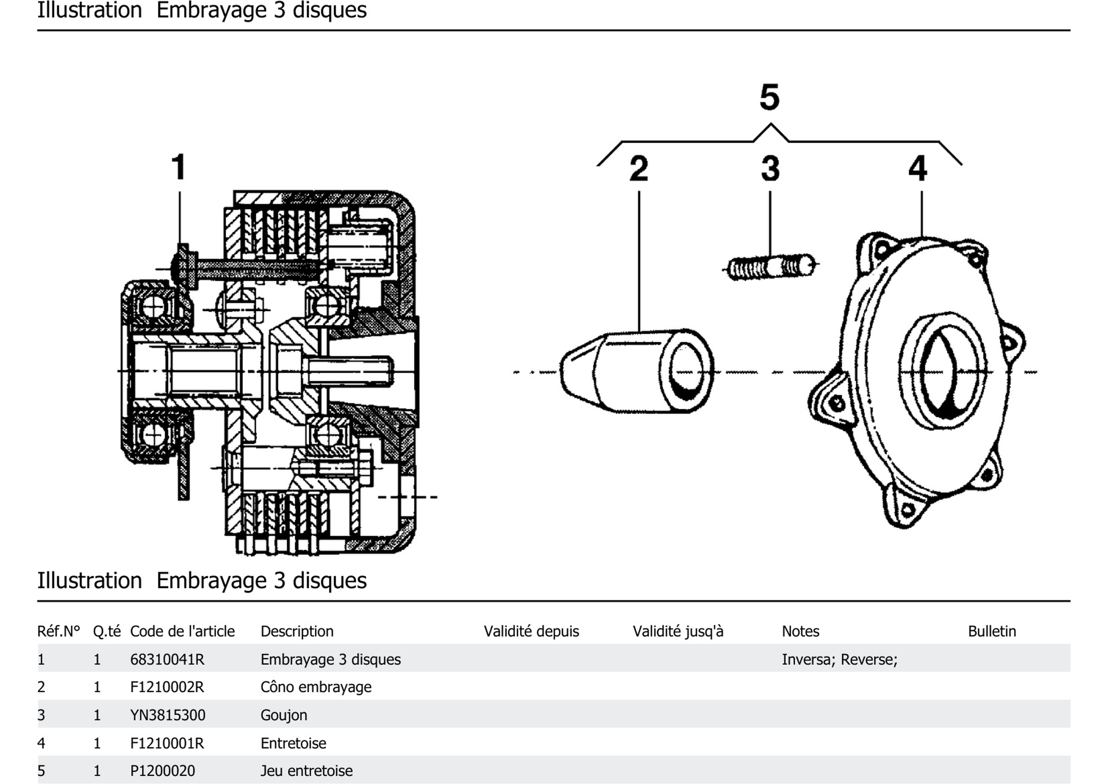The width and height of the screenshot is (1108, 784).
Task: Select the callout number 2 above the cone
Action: click(x=638, y=169)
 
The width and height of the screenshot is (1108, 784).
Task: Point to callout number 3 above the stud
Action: click(x=770, y=169)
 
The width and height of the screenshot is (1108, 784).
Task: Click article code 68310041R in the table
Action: click(x=167, y=660)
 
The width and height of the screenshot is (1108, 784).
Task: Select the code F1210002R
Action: click(x=167, y=687)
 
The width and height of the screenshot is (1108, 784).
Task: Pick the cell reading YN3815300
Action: click(x=168, y=715)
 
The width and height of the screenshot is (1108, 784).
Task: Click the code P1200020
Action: click(x=162, y=771)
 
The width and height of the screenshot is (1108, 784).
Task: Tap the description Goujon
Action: click(x=284, y=715)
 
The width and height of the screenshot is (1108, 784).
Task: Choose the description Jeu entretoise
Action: click(x=306, y=771)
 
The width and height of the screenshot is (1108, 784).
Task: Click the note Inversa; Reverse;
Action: click(x=839, y=660)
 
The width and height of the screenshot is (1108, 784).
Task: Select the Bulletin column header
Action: click(x=992, y=631)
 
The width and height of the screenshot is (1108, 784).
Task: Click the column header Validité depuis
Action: click(x=531, y=631)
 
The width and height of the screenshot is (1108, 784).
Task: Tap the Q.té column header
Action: click(x=107, y=631)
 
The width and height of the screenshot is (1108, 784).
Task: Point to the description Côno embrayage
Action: click(x=316, y=687)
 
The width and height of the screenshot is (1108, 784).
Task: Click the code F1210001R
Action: click(x=167, y=743)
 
